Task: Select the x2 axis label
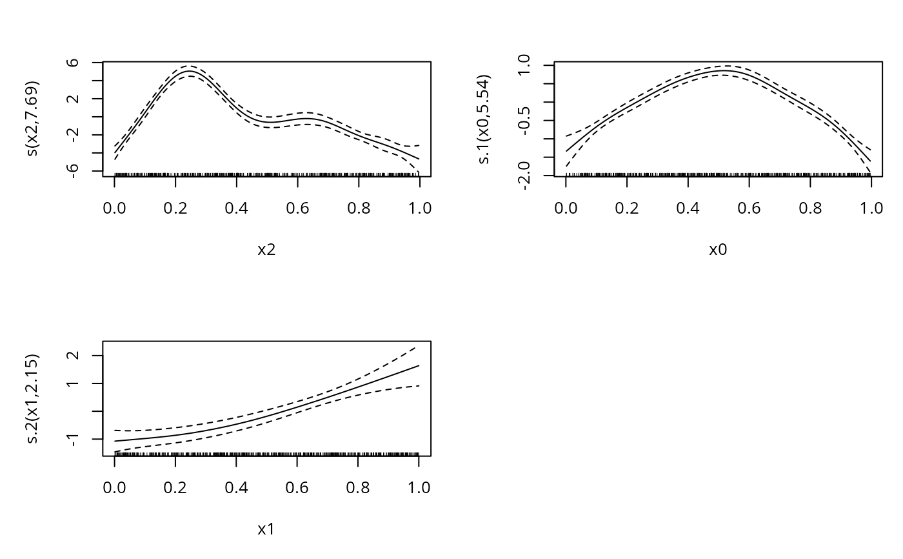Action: (266, 250)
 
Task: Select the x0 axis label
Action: (718, 250)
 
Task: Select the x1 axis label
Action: (266, 530)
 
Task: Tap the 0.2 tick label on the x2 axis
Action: (175, 208)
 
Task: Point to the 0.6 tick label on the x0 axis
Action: (749, 208)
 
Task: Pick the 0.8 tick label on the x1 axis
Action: (358, 487)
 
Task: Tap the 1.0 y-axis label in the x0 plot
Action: (524, 65)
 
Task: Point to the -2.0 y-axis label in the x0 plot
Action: (524, 175)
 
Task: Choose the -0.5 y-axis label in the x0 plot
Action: (524, 120)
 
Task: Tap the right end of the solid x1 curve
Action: (419, 365)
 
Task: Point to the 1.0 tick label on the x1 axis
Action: (419, 487)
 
